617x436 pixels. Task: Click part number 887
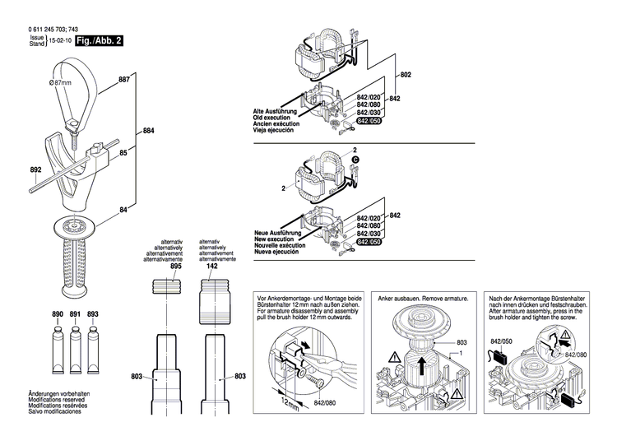click(x=124, y=80)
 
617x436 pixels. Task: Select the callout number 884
click(x=148, y=131)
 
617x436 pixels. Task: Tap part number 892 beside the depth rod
click(x=35, y=171)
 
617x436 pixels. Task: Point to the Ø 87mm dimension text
click(x=63, y=83)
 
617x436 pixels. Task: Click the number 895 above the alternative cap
click(x=175, y=267)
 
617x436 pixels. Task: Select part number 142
click(x=212, y=267)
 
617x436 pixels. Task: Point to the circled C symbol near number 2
click(x=355, y=159)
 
